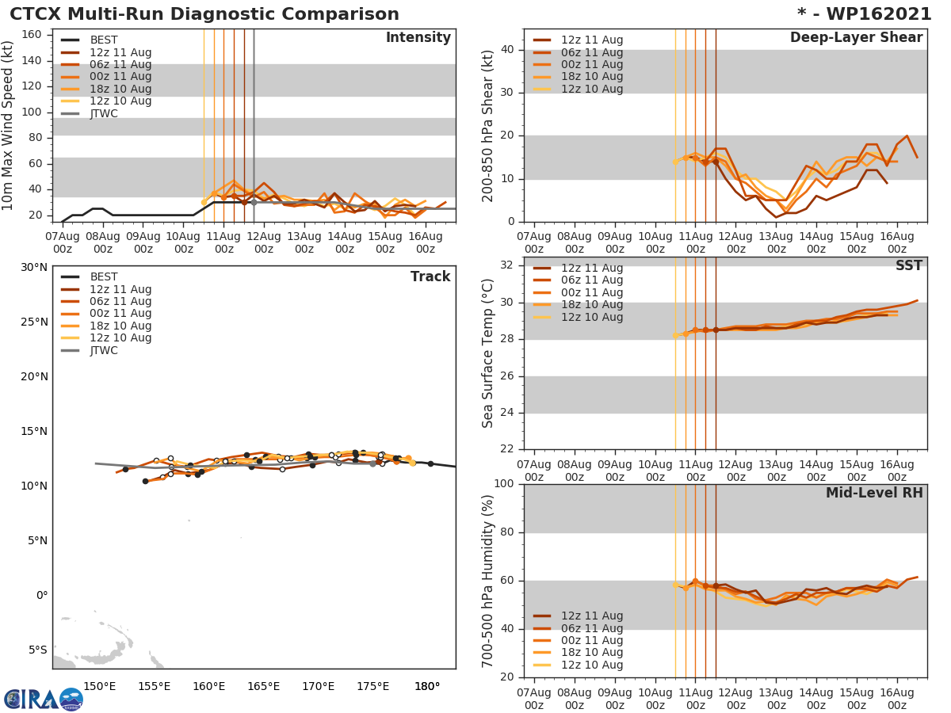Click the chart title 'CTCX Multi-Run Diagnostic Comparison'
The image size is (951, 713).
(x=204, y=14)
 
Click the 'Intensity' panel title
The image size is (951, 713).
(x=418, y=38)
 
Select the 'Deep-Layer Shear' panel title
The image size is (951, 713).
(x=856, y=38)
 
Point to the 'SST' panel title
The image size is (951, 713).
(x=908, y=265)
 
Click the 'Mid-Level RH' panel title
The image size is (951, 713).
(x=874, y=493)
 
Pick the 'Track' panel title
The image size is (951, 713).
(x=430, y=276)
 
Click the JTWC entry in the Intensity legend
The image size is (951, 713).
(x=103, y=113)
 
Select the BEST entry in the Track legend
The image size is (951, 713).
(x=103, y=277)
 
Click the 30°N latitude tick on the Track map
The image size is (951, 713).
(x=33, y=267)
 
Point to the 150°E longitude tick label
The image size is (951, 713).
(x=100, y=686)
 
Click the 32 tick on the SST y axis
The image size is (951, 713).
(x=507, y=265)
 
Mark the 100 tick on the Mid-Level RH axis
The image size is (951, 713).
(x=504, y=484)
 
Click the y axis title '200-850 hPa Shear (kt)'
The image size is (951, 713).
(x=488, y=125)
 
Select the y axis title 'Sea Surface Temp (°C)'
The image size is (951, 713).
(x=488, y=353)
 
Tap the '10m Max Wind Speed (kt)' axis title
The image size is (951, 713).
(x=8, y=125)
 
